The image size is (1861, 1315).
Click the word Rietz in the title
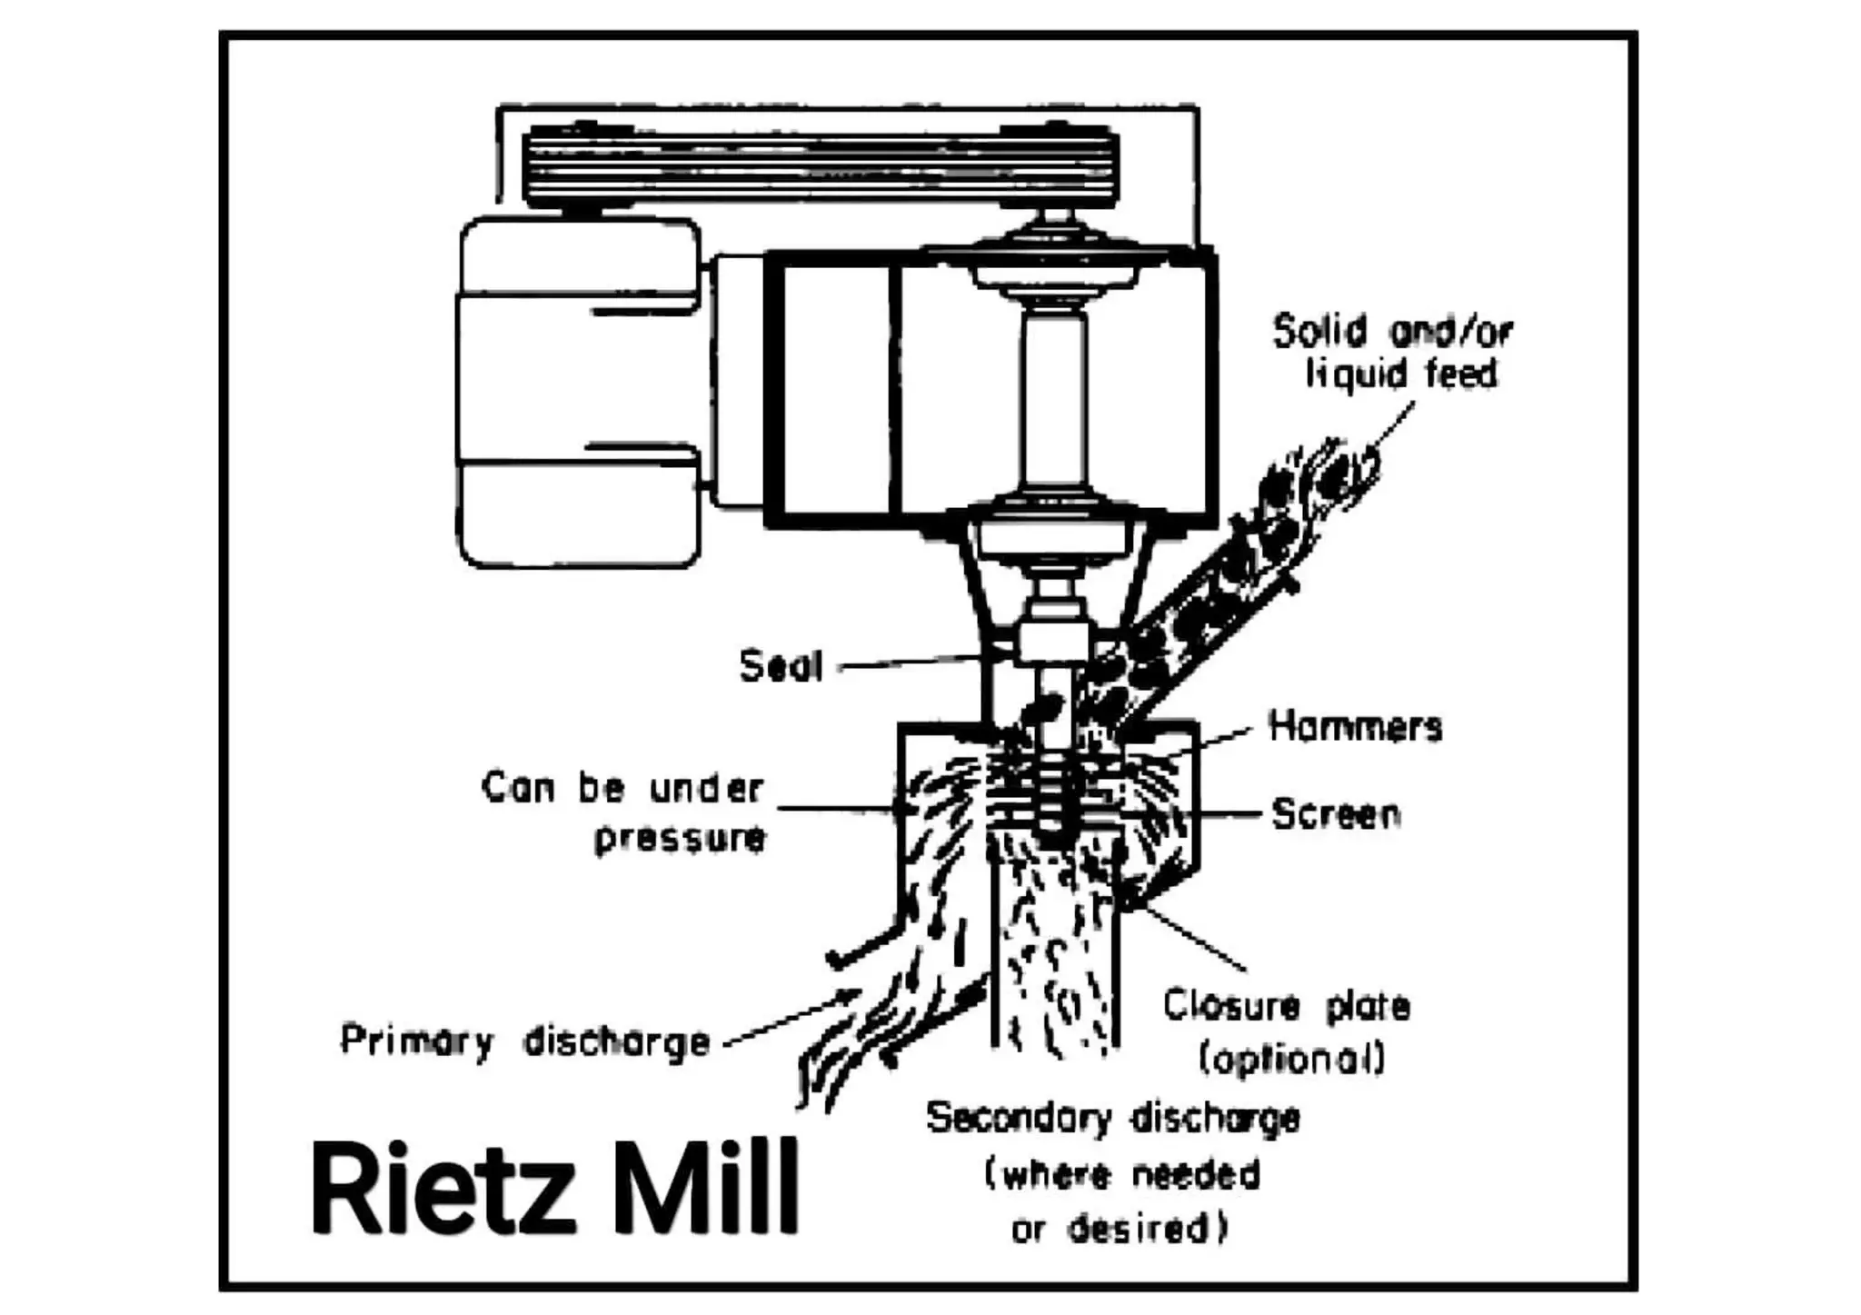(443, 1189)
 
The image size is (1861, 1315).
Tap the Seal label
(781, 666)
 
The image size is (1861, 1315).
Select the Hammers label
(1355, 727)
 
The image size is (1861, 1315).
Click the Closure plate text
(1287, 1006)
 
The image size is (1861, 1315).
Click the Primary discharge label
(524, 1041)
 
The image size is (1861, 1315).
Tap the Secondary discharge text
(1112, 1118)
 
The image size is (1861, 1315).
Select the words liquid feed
(1400, 374)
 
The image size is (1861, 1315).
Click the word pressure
(680, 838)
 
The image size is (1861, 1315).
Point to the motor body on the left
(578, 391)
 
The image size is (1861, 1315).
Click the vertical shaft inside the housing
(1054, 400)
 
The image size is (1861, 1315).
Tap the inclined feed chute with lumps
(1218, 600)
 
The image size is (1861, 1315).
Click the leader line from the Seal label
(909, 662)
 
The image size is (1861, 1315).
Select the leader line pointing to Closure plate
(1190, 936)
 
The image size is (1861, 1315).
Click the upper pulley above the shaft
(1054, 259)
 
